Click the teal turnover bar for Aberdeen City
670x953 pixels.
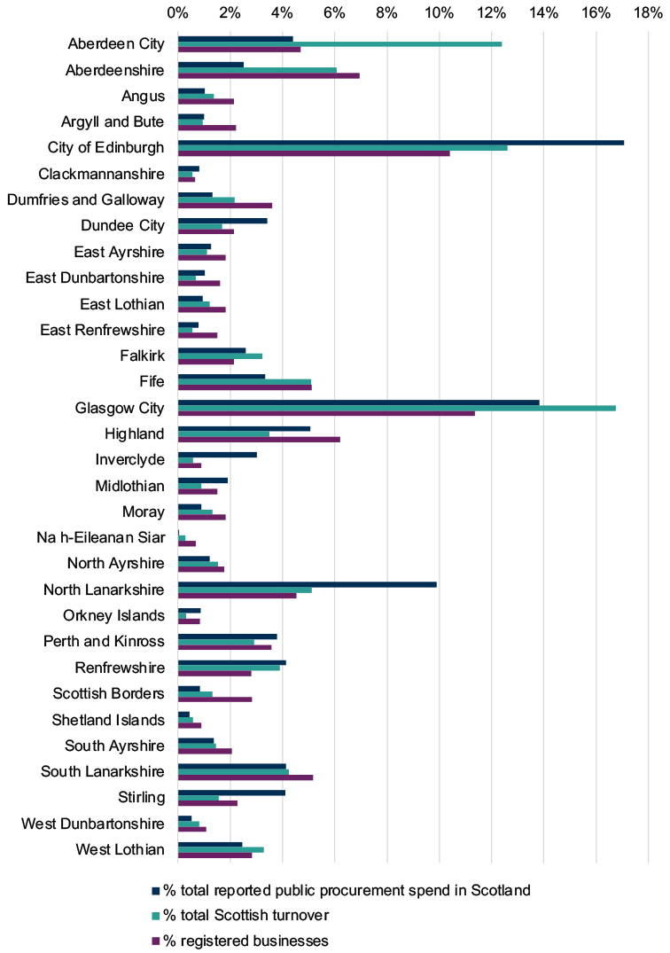pos(339,43)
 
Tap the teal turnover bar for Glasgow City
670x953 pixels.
pos(397,408)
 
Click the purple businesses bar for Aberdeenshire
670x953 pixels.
pos(269,75)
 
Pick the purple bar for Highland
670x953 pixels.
pos(259,439)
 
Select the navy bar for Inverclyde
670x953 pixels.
pos(217,455)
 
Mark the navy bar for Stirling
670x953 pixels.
pos(231,793)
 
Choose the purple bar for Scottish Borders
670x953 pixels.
pos(215,699)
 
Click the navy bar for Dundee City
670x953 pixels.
pos(222,221)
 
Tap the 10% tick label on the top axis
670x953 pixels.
pos(439,12)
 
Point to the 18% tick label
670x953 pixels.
pos(648,12)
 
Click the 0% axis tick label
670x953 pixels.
pos(177,12)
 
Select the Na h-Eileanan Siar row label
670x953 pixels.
pos(101,537)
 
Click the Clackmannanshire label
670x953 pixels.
pos(101,174)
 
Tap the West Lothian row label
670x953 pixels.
pos(121,849)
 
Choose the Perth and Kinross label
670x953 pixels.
pos(104,641)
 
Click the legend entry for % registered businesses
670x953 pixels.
pos(240,941)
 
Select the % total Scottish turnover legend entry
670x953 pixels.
pos(240,915)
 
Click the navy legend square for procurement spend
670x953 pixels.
pos(155,890)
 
